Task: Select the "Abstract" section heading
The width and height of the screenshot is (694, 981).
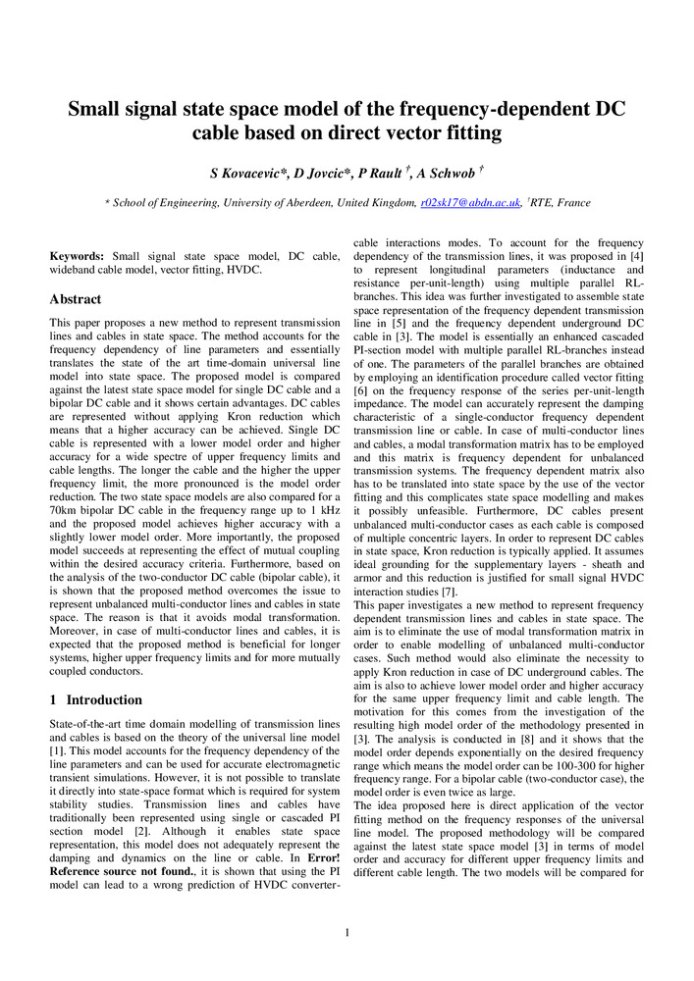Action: pos(75,299)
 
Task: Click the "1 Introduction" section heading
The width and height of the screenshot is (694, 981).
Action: pos(95,699)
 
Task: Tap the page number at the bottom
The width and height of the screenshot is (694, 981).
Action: pos(347,932)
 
